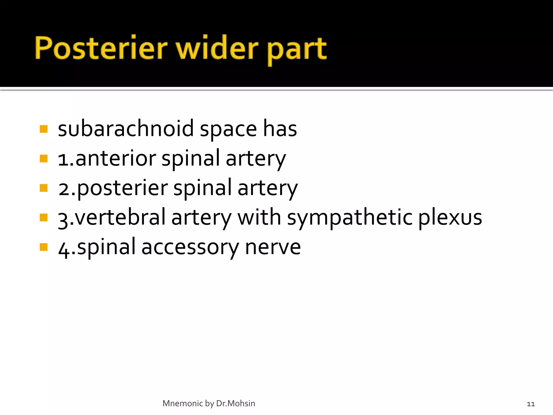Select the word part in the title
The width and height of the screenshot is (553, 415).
pyautogui.click(x=297, y=50)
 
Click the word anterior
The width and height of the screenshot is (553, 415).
pyautogui.click(x=116, y=158)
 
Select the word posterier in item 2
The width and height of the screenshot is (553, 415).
pyautogui.click(x=122, y=188)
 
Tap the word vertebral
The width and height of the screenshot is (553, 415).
pyautogui.click(x=120, y=217)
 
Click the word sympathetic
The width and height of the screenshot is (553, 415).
pyautogui.click(x=350, y=218)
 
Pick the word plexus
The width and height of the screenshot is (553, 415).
pyautogui.click(x=450, y=218)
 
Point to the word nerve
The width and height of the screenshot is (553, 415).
pyautogui.click(x=273, y=247)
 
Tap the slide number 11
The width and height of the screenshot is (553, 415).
pyautogui.click(x=531, y=404)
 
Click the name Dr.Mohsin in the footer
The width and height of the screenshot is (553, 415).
pyautogui.click(x=235, y=403)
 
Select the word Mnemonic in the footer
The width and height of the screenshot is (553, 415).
pyautogui.click(x=183, y=403)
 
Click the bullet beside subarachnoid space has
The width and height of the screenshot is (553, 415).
pyautogui.click(x=43, y=129)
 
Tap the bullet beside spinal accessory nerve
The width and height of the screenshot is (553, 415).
pyautogui.click(x=43, y=247)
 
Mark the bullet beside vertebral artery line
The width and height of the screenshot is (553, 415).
pyautogui.click(x=43, y=217)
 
